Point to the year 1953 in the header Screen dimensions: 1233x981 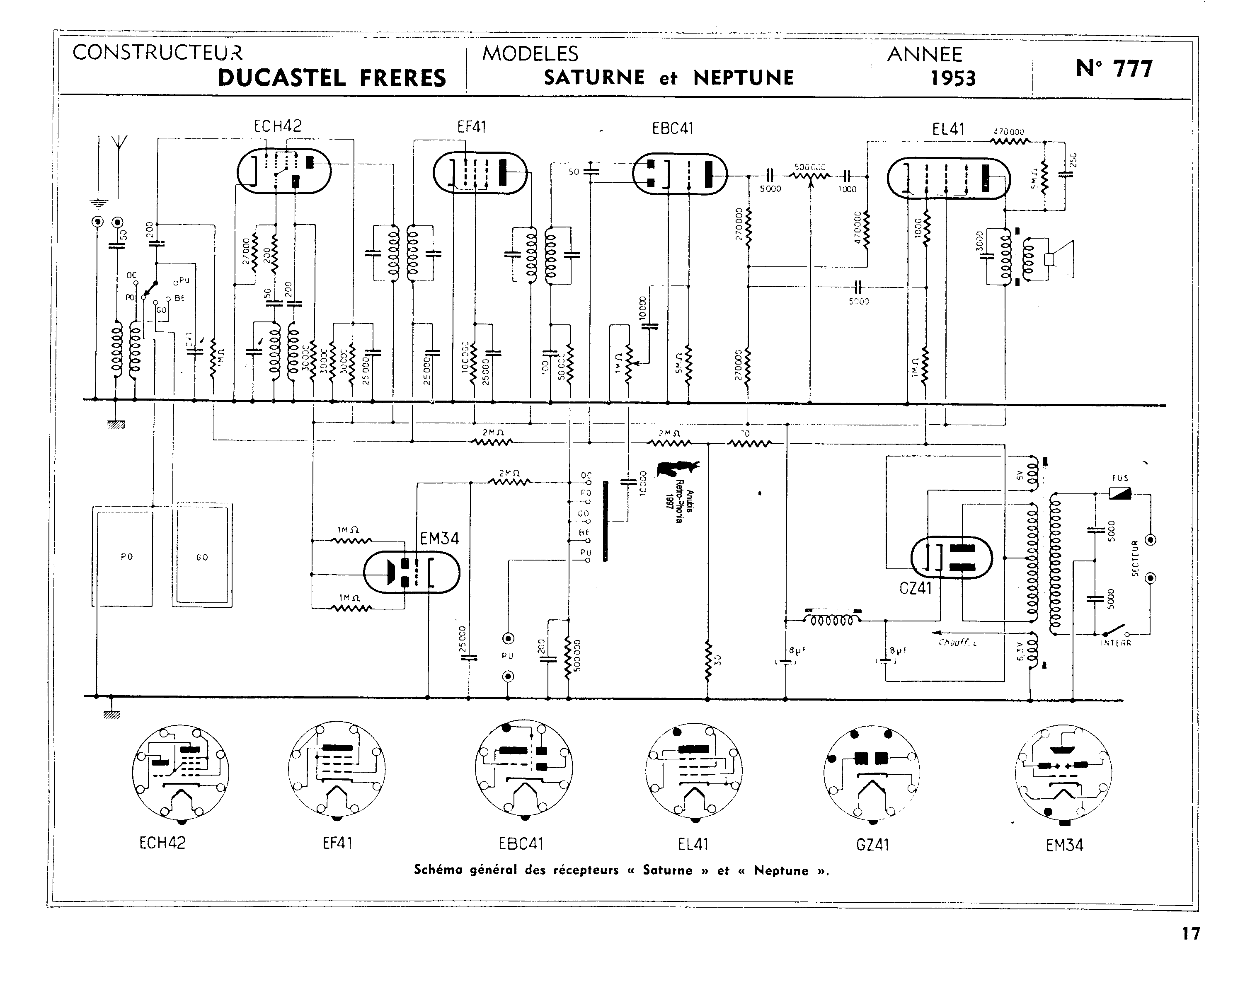(x=953, y=78)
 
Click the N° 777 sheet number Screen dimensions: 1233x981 (x=1114, y=69)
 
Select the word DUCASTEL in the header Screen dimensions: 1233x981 (x=281, y=78)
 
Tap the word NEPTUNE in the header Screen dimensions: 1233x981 (x=744, y=78)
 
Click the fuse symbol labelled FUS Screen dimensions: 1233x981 (x=1120, y=493)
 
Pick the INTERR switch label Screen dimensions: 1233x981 (x=1116, y=643)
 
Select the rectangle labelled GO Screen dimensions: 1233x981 (x=202, y=557)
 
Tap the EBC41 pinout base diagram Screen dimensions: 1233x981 (x=523, y=769)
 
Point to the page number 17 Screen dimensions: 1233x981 (x=1191, y=933)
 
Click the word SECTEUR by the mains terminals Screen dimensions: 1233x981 (x=1135, y=558)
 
